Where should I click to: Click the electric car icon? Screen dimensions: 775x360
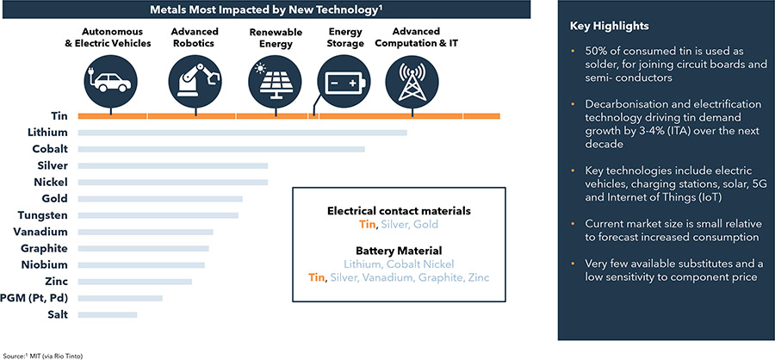111,82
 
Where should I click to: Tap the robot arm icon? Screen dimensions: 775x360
195,82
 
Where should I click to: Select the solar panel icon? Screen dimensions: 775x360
276,82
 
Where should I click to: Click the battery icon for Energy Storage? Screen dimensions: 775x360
343,82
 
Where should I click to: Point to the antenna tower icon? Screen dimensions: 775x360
412,82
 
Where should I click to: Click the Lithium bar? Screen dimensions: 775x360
242,133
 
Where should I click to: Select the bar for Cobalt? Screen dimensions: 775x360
221,149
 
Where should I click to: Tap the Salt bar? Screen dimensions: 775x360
108,314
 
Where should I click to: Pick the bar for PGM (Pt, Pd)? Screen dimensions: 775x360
120,298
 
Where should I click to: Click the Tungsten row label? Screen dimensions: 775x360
42,215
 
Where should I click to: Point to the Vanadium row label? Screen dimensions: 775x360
41,232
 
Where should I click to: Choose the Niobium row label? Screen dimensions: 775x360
45,265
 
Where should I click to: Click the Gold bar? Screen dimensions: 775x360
160,199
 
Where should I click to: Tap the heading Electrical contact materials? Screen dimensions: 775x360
399,211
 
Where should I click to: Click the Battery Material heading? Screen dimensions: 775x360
399,251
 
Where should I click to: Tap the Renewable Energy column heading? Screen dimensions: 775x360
276,38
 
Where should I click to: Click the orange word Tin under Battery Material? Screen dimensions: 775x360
317,277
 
